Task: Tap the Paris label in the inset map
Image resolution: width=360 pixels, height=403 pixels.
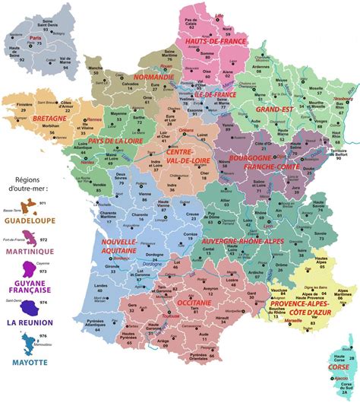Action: click(33, 37)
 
